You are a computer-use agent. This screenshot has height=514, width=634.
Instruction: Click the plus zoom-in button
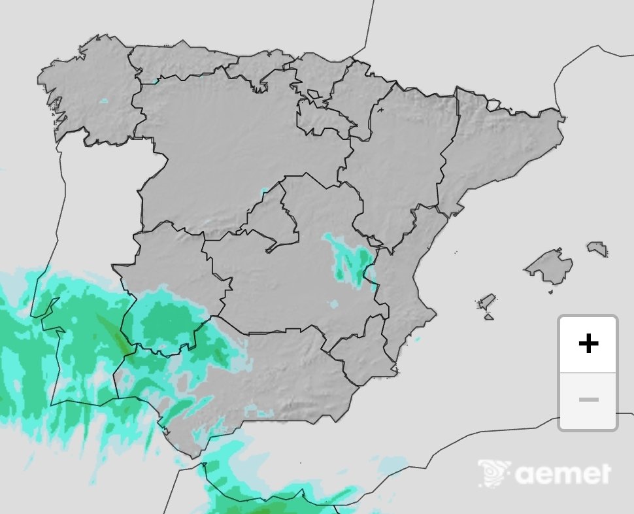pyautogui.click(x=588, y=344)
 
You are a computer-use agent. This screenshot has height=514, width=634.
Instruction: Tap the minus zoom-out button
pyautogui.click(x=588, y=400)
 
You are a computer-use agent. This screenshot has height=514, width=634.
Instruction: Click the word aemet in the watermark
pyautogui.click(x=563, y=473)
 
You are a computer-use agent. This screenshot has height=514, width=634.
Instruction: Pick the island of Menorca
pyautogui.click(x=597, y=248)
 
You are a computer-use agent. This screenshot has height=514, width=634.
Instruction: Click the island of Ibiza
pyautogui.click(x=486, y=301)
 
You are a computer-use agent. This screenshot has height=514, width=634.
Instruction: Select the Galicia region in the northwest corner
pyautogui.click(x=92, y=92)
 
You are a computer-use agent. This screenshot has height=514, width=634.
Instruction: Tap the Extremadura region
pyautogui.click(x=173, y=275)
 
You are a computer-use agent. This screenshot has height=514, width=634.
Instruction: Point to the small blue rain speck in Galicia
pyautogui.click(x=103, y=101)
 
